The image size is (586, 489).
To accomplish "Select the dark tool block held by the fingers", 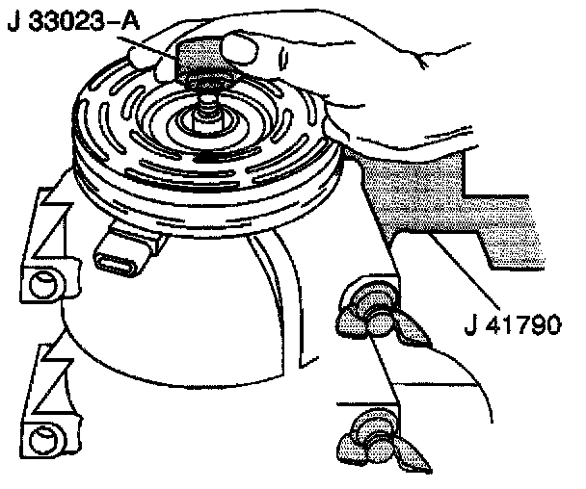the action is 200,59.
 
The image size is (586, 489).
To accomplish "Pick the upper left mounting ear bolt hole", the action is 42,285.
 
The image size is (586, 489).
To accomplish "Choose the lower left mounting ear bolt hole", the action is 43,442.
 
